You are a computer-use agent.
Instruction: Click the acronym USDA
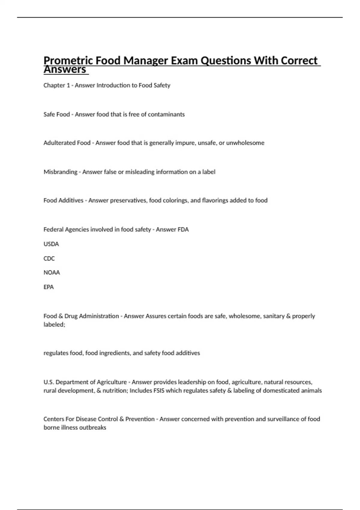point(51,244)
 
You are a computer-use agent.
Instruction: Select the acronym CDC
point(49,258)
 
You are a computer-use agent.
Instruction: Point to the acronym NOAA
point(52,272)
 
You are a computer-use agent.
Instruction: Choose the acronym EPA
point(49,287)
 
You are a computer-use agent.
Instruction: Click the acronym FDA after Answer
point(183,229)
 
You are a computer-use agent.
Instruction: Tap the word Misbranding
point(60,172)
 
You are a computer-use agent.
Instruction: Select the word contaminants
point(166,114)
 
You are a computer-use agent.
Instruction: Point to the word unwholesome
point(245,143)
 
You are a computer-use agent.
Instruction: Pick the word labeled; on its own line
point(54,325)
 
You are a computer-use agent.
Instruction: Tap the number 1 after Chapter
point(68,85)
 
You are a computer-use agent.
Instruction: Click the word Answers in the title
point(65,70)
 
